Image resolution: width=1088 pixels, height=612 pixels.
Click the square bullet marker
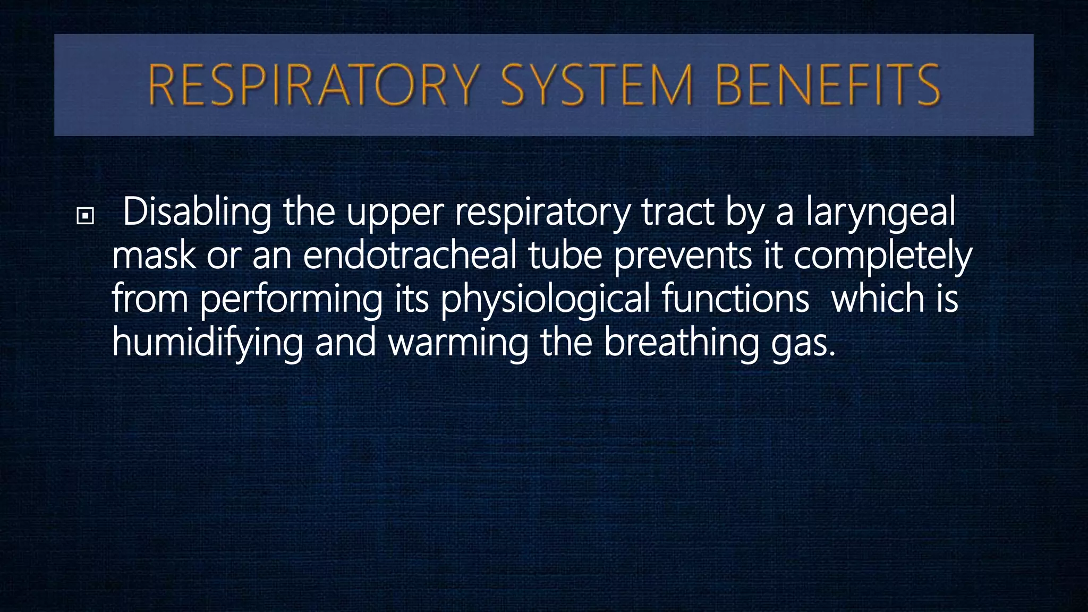[x=85, y=216]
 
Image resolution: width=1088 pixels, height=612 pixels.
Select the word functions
[x=735, y=299]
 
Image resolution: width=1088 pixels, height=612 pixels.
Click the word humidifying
[x=207, y=343]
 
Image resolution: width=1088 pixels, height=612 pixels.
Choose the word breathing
[x=682, y=343]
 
